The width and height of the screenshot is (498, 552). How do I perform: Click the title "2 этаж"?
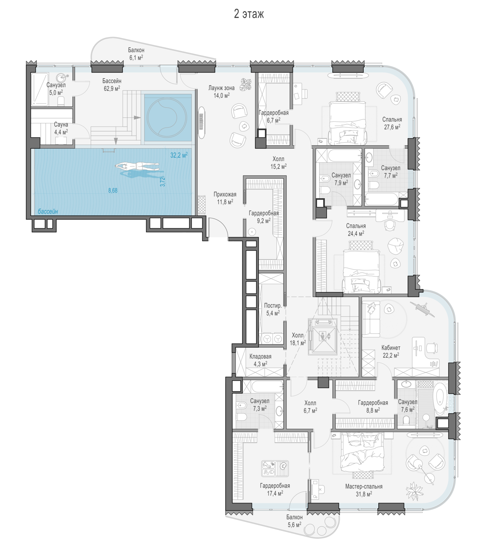pos(249,14)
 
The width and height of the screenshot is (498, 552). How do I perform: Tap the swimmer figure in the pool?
pos(137,166)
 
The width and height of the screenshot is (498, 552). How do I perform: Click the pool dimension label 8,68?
pos(113,190)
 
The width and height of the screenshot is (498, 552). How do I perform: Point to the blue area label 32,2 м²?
pos(179,155)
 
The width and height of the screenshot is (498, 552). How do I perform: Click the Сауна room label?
pos(61,125)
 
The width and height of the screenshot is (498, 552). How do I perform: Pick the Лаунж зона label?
pos(221,88)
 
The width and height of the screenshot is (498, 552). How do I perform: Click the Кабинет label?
pos(390,348)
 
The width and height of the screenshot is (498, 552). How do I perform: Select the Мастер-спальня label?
pos(364,486)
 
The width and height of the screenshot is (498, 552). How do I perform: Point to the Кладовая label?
pos(260,357)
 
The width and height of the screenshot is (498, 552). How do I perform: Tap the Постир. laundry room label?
pos(273,306)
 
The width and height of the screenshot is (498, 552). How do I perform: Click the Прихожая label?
pos(225,195)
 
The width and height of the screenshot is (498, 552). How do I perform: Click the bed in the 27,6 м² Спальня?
pos(348,119)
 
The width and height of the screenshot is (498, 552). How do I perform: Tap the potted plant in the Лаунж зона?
pos(246,84)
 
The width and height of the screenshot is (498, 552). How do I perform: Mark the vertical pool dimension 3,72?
pos(162,182)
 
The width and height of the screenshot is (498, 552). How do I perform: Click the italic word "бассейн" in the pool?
pos(48,211)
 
